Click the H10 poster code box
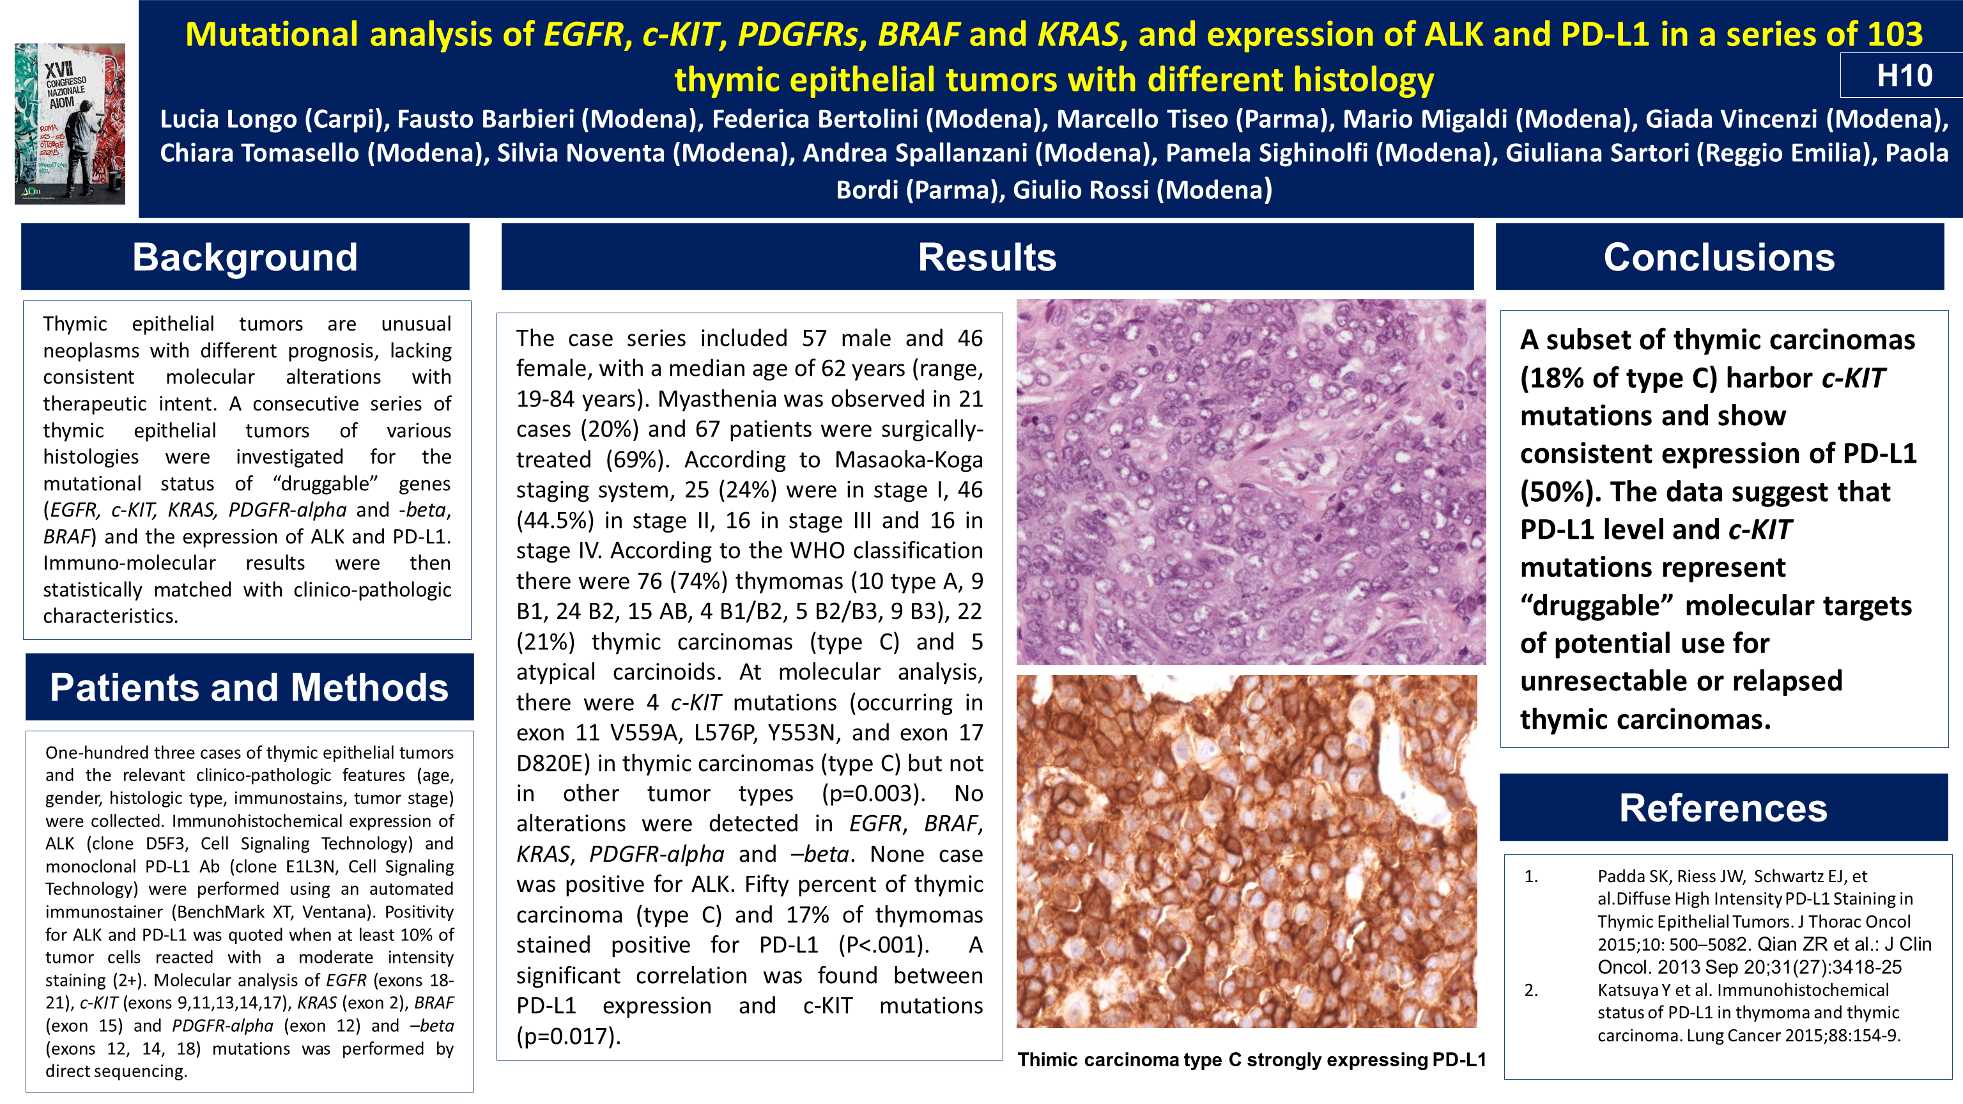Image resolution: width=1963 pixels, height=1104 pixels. click(x=1902, y=75)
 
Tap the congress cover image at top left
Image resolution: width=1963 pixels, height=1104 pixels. click(x=70, y=123)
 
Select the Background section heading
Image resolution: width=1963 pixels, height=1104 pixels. click(x=245, y=257)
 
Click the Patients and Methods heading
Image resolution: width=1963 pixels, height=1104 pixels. click(x=249, y=687)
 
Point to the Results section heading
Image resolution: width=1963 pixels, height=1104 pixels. click(x=987, y=257)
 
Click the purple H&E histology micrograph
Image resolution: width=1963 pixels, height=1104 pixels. click(x=1251, y=481)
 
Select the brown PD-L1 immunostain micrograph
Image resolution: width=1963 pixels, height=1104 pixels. click(x=1247, y=851)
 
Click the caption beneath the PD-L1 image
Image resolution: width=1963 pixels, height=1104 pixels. click(x=1251, y=1060)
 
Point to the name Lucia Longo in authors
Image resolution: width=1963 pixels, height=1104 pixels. click(x=229, y=120)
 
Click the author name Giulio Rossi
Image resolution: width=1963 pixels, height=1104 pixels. click(x=1081, y=189)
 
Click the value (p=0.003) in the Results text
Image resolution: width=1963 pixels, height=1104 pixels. click(x=874, y=794)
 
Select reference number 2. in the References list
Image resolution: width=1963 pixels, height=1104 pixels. click(x=1531, y=990)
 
